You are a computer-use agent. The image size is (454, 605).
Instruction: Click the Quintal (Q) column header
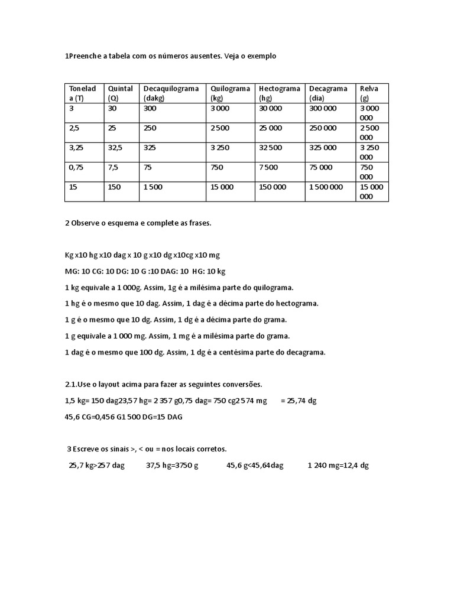pos(120,93)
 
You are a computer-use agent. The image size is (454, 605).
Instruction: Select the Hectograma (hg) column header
pos(280,93)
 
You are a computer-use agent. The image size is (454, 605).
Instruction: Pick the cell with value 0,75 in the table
pos(76,167)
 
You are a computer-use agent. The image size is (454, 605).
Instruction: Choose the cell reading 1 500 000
pos(326,187)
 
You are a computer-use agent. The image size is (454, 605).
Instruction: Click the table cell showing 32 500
pos(271,148)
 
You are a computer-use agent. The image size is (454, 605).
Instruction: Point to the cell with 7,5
pos(113,167)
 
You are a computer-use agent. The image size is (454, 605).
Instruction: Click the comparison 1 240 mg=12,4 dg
pos(338,466)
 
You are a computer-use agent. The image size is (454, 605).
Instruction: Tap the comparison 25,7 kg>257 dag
pos(97,466)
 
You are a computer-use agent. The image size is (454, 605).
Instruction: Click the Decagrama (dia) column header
pos(329,93)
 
